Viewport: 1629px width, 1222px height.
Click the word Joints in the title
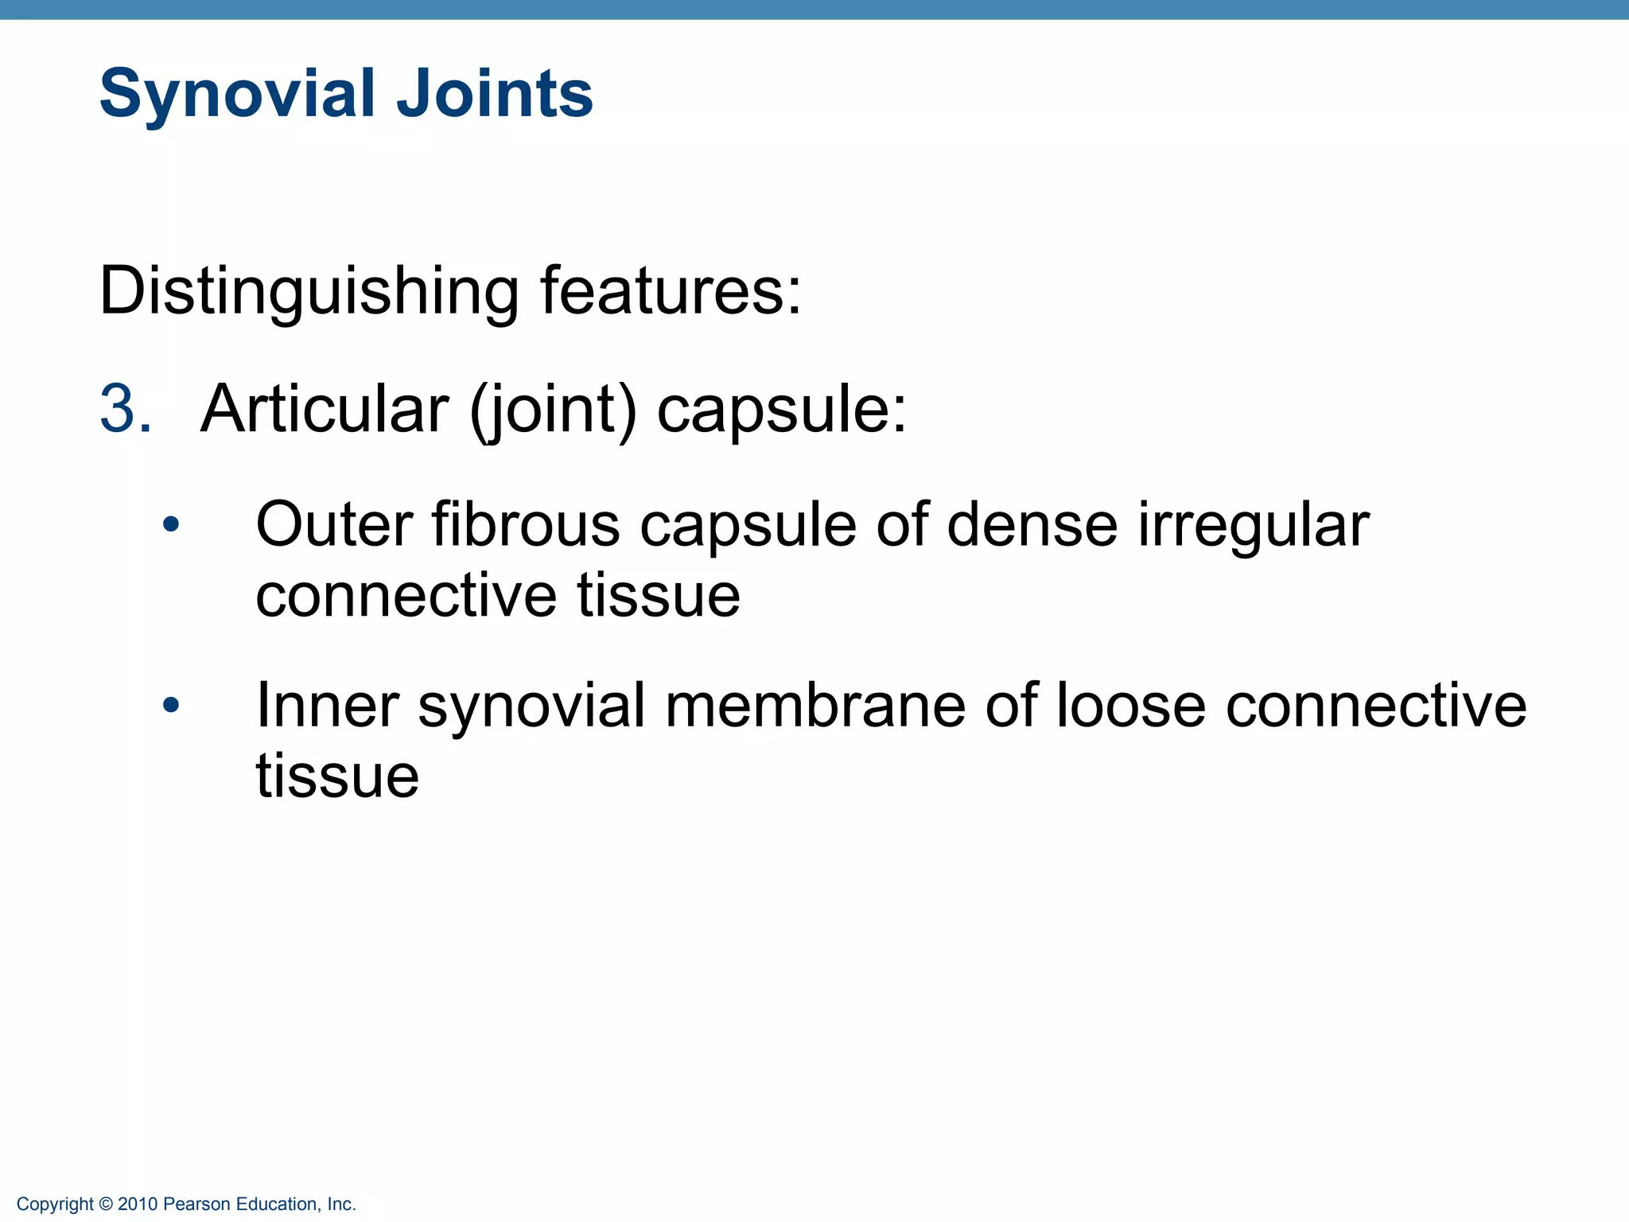click(x=494, y=94)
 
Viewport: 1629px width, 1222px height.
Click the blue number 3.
click(x=125, y=410)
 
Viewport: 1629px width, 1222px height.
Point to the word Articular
click(x=325, y=410)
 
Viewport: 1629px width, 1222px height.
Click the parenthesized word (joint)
click(x=554, y=411)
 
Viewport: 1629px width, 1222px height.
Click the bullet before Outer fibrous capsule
click(x=170, y=524)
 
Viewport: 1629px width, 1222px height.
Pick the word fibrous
click(x=526, y=525)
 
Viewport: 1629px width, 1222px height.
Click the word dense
click(x=1032, y=525)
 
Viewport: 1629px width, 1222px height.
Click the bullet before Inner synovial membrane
click(x=170, y=705)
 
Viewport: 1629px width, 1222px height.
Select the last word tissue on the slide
click(x=337, y=776)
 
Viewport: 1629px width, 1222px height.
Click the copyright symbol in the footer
click(x=107, y=1204)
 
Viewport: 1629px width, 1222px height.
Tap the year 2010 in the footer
click(x=138, y=1204)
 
